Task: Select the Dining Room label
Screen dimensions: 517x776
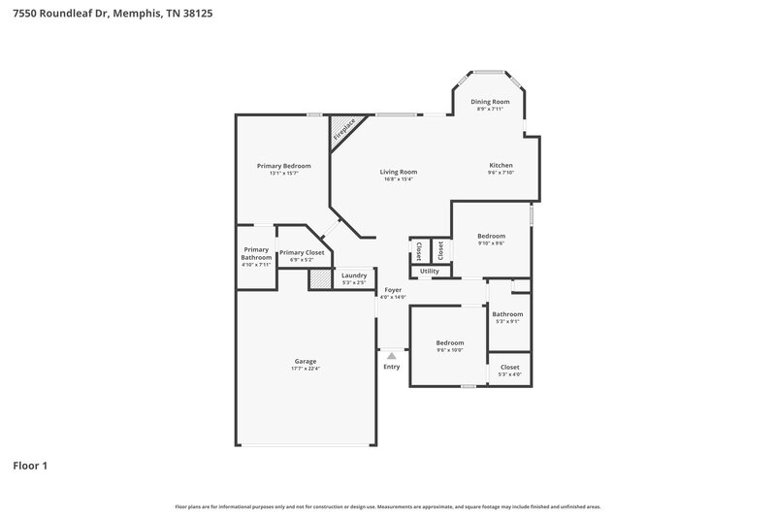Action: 490,102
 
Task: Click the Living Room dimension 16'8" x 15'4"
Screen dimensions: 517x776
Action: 399,179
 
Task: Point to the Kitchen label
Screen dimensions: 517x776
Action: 501,166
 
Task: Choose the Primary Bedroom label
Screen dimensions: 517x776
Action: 283,166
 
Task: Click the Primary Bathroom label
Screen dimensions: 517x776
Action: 256,253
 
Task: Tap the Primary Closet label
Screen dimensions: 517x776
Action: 302,252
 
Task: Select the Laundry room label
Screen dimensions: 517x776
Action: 354,275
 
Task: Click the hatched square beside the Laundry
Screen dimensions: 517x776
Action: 320,279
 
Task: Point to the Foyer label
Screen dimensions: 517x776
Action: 393,290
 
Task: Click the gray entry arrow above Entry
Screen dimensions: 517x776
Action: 392,357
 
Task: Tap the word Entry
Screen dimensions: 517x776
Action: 392,367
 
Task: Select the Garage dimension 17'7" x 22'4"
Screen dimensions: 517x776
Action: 305,369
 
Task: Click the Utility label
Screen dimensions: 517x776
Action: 429,271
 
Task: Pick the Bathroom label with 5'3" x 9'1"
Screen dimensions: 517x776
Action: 507,314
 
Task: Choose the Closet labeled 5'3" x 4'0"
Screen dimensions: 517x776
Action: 509,368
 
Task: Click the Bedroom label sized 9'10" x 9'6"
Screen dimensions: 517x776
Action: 491,236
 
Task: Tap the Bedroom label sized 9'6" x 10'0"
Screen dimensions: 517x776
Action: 449,342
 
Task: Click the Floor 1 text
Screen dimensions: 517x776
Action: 30,466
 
